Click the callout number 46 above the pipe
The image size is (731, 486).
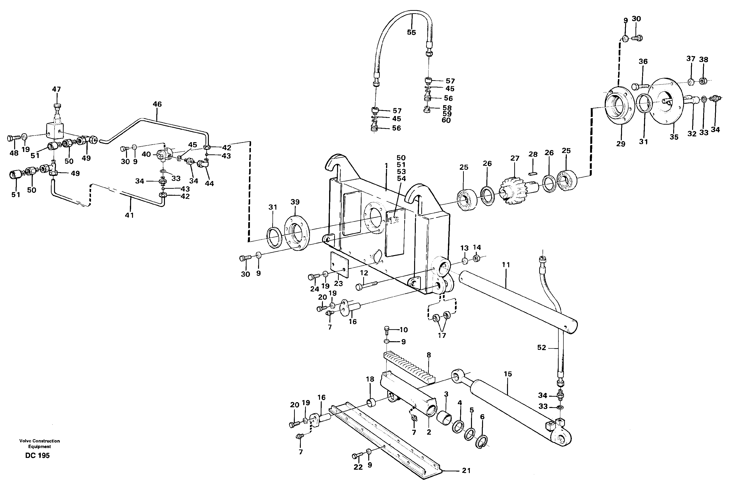(157, 104)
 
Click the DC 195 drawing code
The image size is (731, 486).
(37, 456)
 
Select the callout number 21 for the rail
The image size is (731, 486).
(466, 470)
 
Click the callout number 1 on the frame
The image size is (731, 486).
(386, 166)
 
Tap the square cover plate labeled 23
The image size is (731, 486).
(339, 264)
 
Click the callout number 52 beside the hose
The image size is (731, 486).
(541, 348)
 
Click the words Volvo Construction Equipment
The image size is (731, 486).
(39, 443)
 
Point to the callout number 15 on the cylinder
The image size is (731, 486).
(507, 374)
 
